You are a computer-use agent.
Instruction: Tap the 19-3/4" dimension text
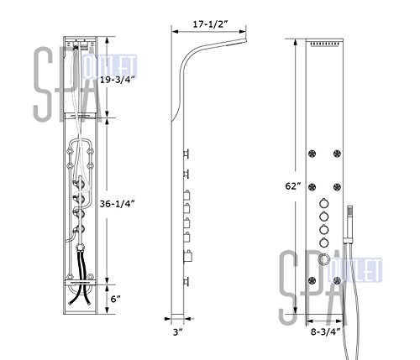(x=118, y=80)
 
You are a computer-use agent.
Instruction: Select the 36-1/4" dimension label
(x=118, y=204)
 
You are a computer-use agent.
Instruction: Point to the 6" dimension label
(x=115, y=299)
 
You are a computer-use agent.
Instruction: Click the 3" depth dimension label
(x=177, y=332)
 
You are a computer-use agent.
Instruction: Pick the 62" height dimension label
(x=293, y=185)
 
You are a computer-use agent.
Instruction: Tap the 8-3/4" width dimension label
(x=326, y=331)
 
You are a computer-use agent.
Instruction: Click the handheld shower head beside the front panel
(x=349, y=222)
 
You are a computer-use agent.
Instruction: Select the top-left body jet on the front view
(x=312, y=154)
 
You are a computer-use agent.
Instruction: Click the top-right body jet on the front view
(x=337, y=154)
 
